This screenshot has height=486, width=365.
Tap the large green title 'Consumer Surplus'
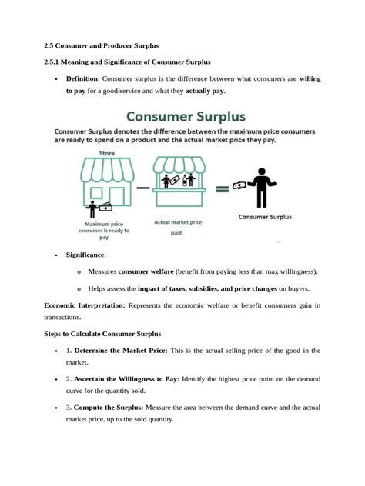point(186,118)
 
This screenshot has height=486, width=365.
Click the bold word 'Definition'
point(82,78)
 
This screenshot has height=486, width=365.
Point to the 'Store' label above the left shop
point(108,154)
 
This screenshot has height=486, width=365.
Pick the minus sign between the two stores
point(143,187)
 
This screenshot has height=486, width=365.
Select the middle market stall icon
point(179,182)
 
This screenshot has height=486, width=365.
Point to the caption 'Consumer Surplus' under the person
point(265,217)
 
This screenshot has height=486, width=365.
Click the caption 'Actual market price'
point(178,222)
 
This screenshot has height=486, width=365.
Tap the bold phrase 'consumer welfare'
point(146,271)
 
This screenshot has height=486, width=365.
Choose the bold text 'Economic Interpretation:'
point(85,305)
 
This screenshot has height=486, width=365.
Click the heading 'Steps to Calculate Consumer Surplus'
point(102,334)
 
